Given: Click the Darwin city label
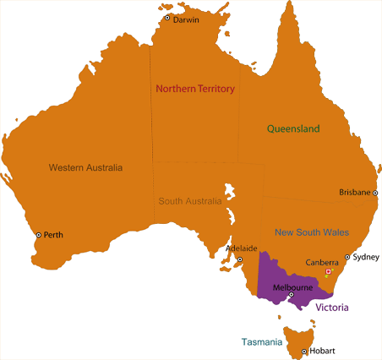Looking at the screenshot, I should click(186, 19).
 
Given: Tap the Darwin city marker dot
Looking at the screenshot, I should click(167, 18).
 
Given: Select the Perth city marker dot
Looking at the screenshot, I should click(38, 235).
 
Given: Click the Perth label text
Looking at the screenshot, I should click(53, 235).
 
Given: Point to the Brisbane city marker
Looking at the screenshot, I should click(375, 193).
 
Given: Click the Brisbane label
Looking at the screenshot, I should click(354, 193).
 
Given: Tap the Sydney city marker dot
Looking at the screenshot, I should click(347, 256).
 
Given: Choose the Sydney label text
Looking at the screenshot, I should click(366, 256).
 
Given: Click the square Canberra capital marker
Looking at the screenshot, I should click(329, 271).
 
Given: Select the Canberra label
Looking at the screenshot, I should click(322, 262).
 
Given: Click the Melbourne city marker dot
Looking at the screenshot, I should click(292, 294).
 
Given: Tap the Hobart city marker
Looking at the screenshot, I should click(303, 351).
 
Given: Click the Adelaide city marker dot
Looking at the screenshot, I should click(240, 259).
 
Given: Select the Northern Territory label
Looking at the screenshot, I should click(194, 89).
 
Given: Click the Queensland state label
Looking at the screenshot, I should click(293, 129).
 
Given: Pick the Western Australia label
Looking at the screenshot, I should click(85, 167).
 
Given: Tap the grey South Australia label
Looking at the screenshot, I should click(190, 202).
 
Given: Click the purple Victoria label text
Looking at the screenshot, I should click(332, 308).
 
